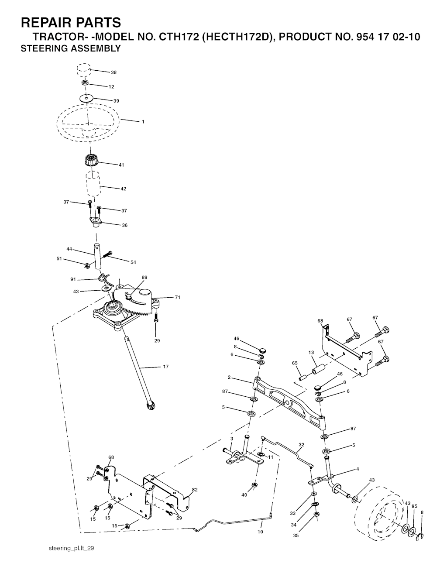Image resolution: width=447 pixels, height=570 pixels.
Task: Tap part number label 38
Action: pyautogui.click(x=113, y=72)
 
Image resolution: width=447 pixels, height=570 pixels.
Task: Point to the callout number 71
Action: pyautogui.click(x=178, y=298)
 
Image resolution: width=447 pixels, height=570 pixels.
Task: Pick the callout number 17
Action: pyautogui.click(x=166, y=367)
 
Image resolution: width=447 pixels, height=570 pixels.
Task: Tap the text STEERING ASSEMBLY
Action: pyautogui.click(x=71, y=48)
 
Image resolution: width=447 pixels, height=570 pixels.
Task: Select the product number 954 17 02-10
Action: pyautogui.click(x=388, y=37)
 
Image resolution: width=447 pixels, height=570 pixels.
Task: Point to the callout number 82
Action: pyautogui.click(x=195, y=490)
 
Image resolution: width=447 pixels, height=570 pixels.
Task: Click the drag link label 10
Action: pyautogui.click(x=261, y=532)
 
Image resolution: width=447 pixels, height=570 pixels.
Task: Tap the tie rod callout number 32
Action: pyautogui.click(x=301, y=445)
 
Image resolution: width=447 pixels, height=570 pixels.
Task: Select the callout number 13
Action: pyautogui.click(x=311, y=353)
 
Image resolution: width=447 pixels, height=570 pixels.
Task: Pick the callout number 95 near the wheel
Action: pyautogui.click(x=414, y=506)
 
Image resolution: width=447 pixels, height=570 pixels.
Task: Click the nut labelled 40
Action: pyautogui.click(x=254, y=484)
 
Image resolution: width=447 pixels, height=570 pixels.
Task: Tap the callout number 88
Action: pyautogui.click(x=144, y=278)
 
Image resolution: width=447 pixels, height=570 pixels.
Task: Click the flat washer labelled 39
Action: pyautogui.click(x=86, y=98)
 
